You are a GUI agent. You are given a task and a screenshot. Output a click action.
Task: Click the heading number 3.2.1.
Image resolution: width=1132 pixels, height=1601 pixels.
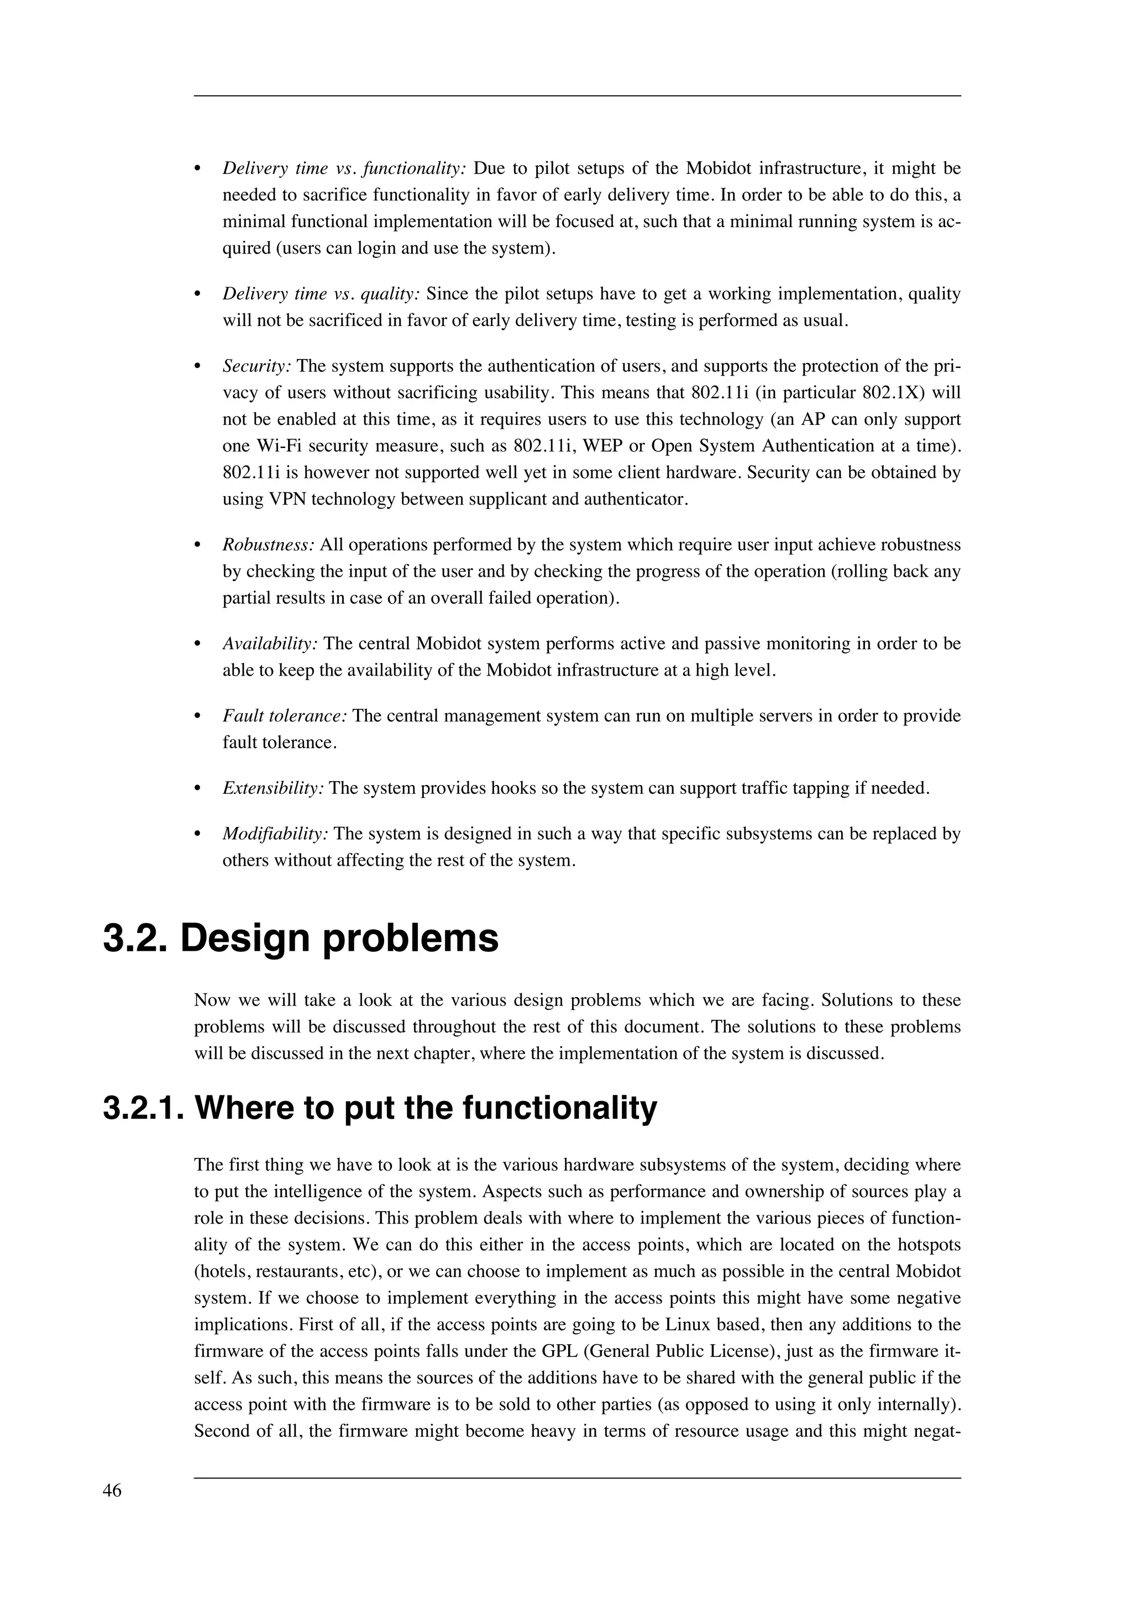pyautogui.click(x=143, y=1109)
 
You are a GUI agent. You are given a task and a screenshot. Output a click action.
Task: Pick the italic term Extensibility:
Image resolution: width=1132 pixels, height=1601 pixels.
pyautogui.click(x=274, y=789)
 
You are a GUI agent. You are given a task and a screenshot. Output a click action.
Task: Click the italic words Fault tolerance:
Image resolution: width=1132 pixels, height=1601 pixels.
pyautogui.click(x=285, y=716)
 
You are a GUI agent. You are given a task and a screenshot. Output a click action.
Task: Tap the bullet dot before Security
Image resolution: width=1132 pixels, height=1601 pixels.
pyautogui.click(x=197, y=367)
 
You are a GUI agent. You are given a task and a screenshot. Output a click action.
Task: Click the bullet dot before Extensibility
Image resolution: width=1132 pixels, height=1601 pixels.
pyautogui.click(x=197, y=789)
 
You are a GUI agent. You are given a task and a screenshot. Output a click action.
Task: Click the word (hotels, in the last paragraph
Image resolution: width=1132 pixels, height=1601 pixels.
pyautogui.click(x=223, y=1272)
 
